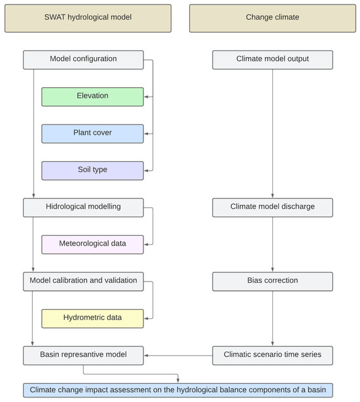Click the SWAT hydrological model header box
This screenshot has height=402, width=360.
pyautogui.click(x=88, y=18)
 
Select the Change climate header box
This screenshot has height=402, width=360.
pyautogui.click(x=272, y=18)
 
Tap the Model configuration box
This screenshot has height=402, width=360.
pyautogui.click(x=83, y=60)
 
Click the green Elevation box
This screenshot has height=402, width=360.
pyautogui.click(x=92, y=96)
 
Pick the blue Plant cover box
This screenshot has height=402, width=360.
pyautogui.click(x=92, y=133)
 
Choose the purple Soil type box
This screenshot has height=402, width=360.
pyautogui.click(x=92, y=170)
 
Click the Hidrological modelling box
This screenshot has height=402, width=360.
pyautogui.click(x=83, y=207)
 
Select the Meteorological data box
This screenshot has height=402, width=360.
pyautogui.click(x=92, y=244)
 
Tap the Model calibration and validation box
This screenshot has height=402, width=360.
pyautogui.click(x=83, y=281)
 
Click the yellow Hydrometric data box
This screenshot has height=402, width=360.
pyautogui.click(x=92, y=318)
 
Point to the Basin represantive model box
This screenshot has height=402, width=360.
pyautogui.click(x=83, y=356)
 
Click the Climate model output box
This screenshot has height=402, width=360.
pyautogui.click(x=272, y=60)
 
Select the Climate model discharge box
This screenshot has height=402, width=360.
pyautogui.click(x=272, y=207)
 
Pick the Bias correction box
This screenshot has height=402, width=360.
pyautogui.click(x=272, y=281)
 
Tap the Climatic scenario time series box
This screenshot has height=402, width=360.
pyautogui.click(x=272, y=356)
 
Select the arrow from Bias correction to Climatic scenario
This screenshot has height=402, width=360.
pyautogui.click(x=272, y=318)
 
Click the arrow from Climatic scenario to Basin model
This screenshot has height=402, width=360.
pyautogui.click(x=178, y=356)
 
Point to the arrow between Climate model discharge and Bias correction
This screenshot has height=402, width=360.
pyautogui.click(x=272, y=244)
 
